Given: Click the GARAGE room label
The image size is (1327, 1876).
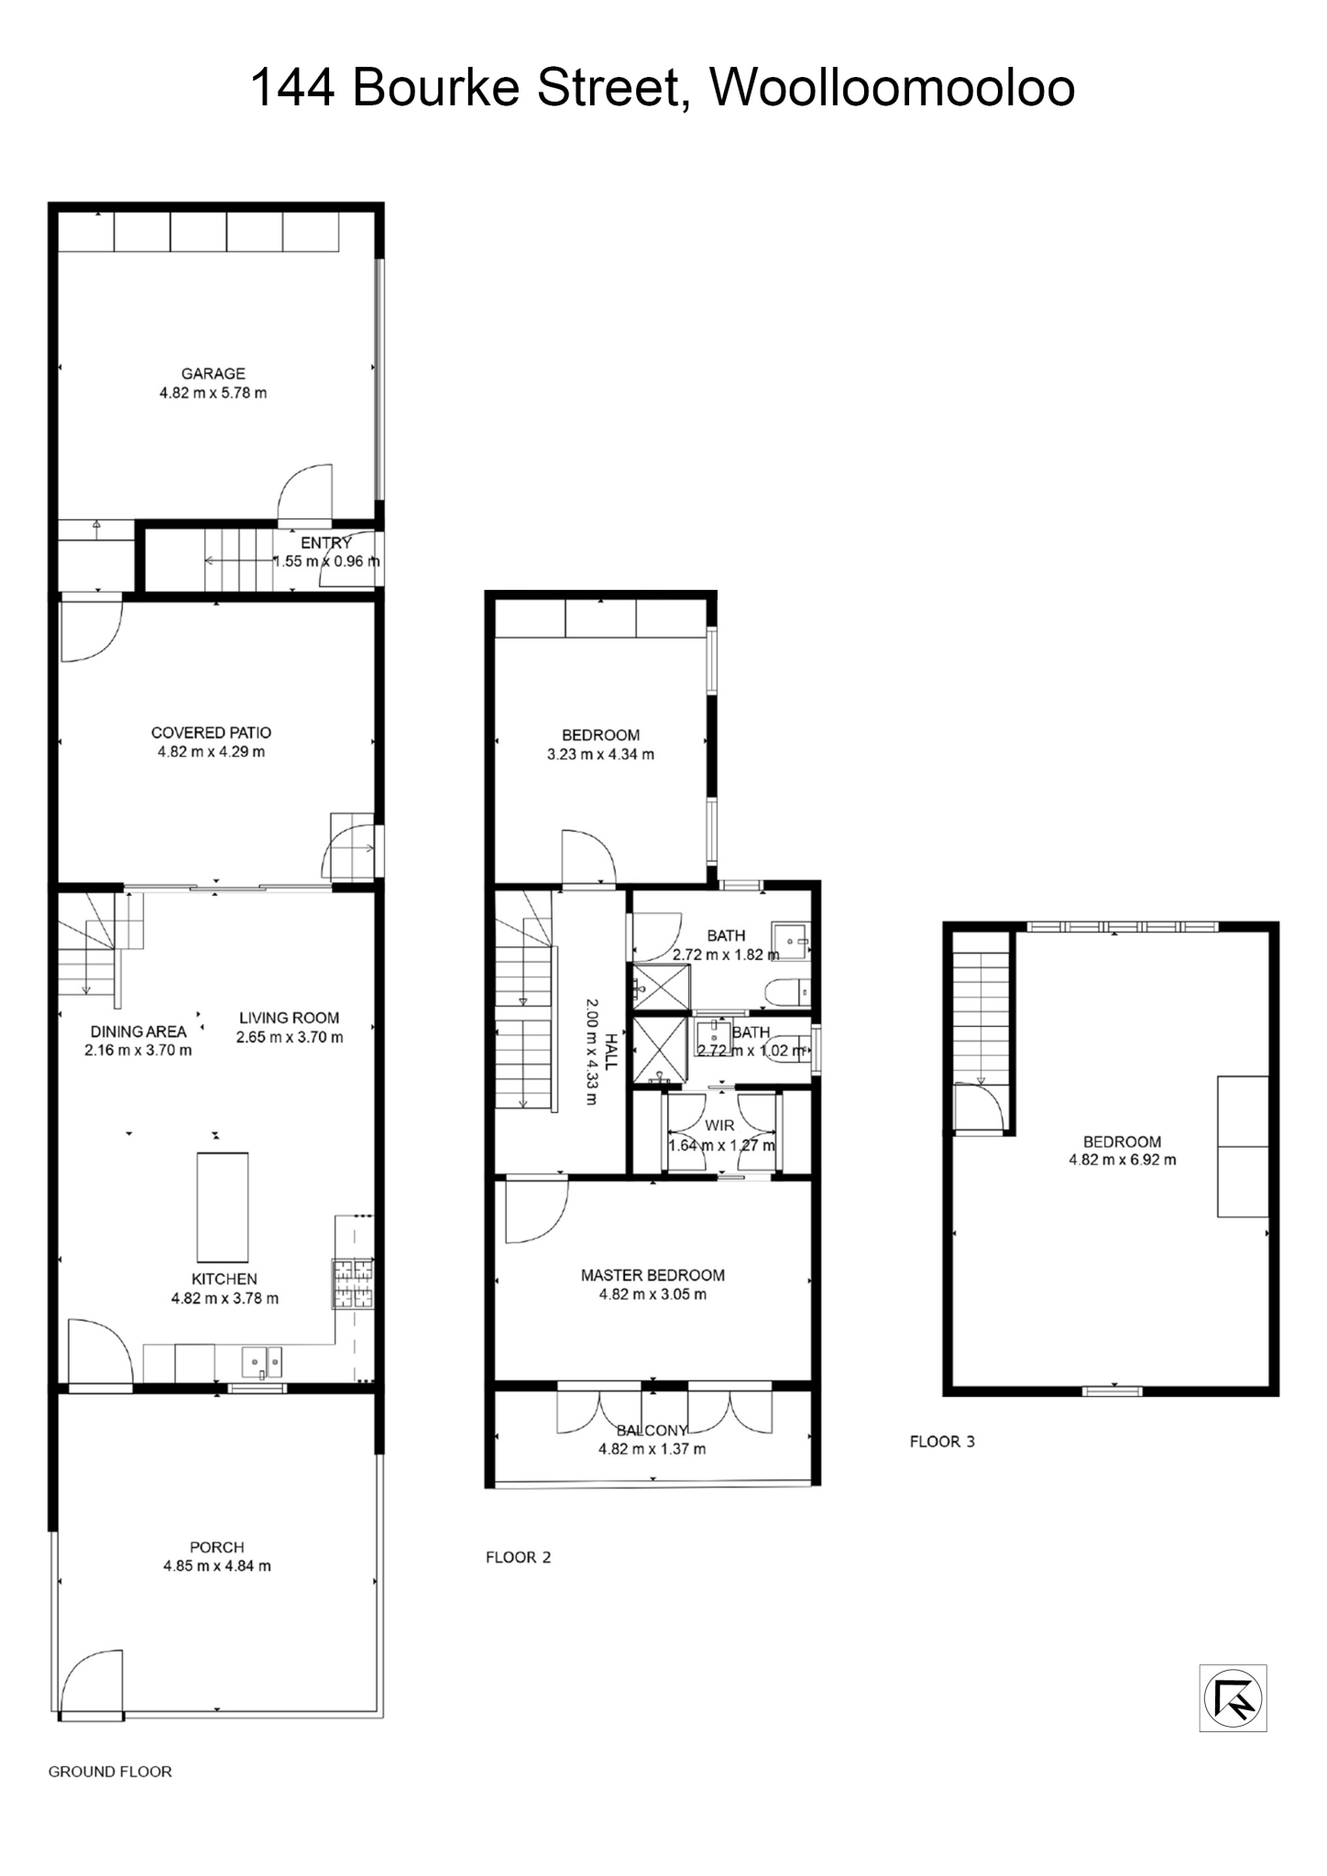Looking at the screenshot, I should tap(213, 373).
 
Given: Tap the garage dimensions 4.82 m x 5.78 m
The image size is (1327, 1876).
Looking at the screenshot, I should tap(213, 393).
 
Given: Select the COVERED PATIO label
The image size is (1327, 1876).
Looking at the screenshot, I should tap(211, 732).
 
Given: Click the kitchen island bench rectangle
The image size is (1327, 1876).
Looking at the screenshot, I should tap(223, 1206).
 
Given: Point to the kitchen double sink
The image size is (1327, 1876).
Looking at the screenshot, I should tap(262, 1361).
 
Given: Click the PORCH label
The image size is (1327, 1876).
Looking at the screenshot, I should tap(217, 1546).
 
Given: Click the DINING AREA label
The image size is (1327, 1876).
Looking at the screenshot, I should tap(137, 1031).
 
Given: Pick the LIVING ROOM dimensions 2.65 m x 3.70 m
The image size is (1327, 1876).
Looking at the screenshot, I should tap(290, 1037).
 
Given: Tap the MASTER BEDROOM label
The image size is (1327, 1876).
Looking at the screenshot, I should tap(653, 1274).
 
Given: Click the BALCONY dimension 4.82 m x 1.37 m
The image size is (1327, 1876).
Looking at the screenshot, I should tap(653, 1448).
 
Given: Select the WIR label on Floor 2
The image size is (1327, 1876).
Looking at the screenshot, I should tap(719, 1125).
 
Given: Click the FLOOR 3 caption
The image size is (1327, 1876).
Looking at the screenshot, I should tap(941, 1441).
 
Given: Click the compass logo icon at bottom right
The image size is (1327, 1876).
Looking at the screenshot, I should tap(1233, 1697).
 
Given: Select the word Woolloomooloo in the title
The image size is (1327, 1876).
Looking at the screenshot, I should tap(892, 88).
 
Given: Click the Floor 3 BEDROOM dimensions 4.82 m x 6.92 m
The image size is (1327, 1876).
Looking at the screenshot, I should tap(1122, 1160).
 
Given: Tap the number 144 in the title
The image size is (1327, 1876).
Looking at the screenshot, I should tap(292, 88).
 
